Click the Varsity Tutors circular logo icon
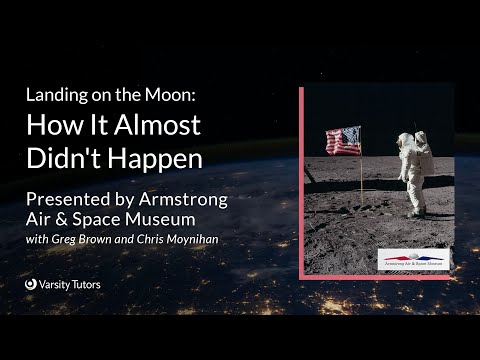click(31, 284)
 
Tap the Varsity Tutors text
click(70, 284)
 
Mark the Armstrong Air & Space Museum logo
click(413, 259)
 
